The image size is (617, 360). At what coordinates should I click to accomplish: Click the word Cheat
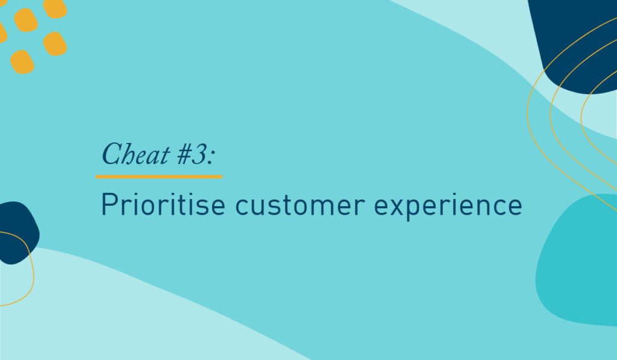(x=136, y=154)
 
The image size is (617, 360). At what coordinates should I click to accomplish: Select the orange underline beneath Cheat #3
(x=159, y=177)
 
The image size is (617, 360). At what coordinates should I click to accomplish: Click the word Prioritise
(x=163, y=204)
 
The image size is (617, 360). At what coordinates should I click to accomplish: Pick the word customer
(x=300, y=206)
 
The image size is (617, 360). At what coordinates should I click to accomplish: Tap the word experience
(x=448, y=206)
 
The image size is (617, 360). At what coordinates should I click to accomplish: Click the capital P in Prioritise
(x=109, y=204)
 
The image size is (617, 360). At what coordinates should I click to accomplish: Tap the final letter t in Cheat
(x=166, y=156)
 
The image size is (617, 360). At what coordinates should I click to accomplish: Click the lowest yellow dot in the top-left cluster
(x=22, y=62)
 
